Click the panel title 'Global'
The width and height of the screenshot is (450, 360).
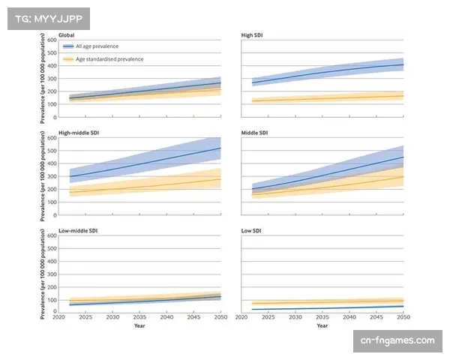click(67, 34)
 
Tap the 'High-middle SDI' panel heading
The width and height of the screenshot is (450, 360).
click(79, 133)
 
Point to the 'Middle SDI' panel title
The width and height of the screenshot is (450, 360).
click(256, 133)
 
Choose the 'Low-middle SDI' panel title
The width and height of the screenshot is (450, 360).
click(78, 232)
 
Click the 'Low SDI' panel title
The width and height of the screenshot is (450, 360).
click(252, 232)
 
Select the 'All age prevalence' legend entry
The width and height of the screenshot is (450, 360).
click(97, 46)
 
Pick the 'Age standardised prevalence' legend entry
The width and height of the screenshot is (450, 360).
click(109, 58)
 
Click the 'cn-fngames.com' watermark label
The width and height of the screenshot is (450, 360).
click(397, 341)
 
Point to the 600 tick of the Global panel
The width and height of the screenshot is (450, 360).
click(52, 39)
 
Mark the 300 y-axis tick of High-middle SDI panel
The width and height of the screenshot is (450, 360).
click(52, 176)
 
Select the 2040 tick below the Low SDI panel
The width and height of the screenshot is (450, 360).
click(349, 318)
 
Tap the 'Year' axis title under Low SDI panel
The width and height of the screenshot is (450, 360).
click(322, 326)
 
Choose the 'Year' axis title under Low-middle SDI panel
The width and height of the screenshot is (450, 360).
click(139, 326)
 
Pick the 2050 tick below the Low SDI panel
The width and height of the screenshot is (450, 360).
click(403, 318)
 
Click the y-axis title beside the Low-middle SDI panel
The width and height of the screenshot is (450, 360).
click(43, 274)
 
